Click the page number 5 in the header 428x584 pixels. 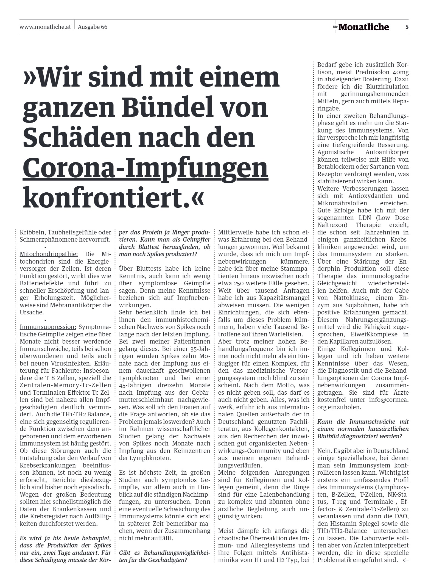pyautogui.click(x=407, y=27)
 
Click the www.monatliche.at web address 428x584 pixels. pyautogui.click(x=45, y=27)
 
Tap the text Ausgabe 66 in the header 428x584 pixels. pyautogui.click(x=93, y=27)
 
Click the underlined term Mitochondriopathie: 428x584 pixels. pyautogui.click(x=49, y=254)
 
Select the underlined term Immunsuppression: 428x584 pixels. pyautogui.click(x=48, y=327)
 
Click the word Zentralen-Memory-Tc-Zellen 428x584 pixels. pyautogui.click(x=65, y=385)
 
